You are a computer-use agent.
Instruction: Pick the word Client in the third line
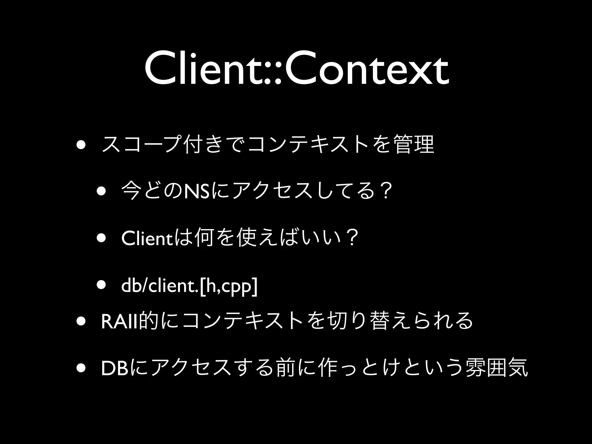[x=146, y=238]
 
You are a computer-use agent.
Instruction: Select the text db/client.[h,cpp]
[x=190, y=286]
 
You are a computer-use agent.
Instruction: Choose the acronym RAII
[x=120, y=321]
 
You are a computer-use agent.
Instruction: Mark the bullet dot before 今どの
[x=101, y=191]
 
